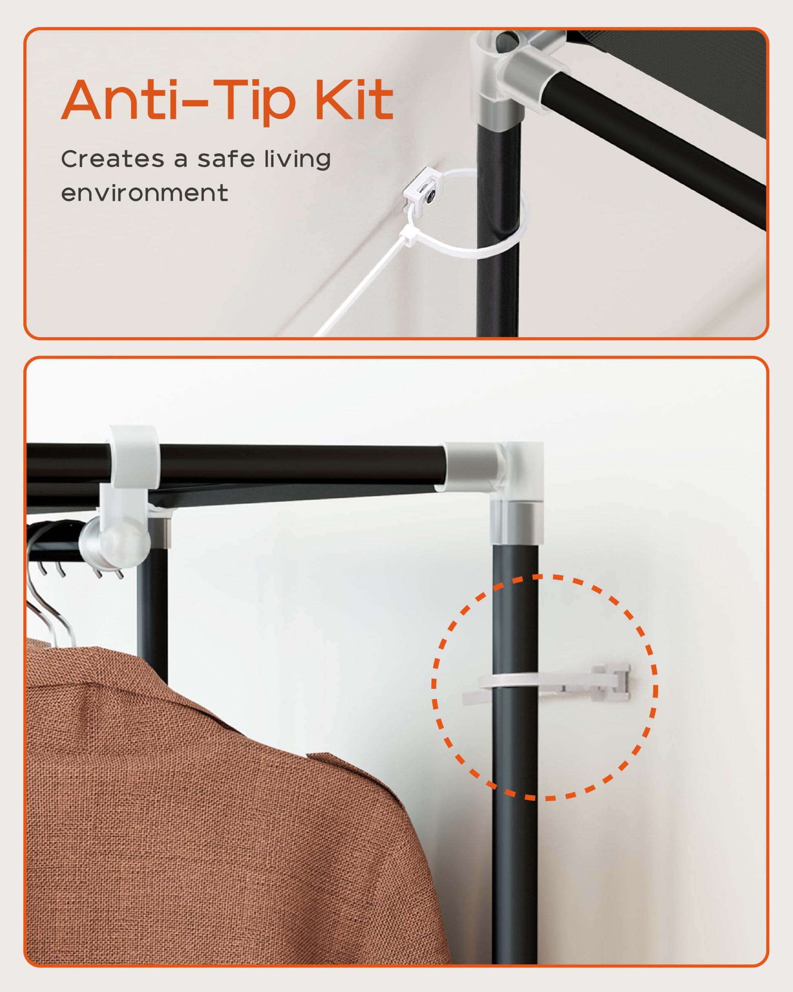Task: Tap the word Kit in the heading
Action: [354, 100]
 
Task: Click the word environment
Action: [144, 193]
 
